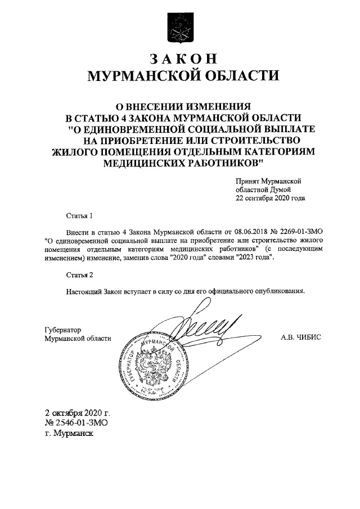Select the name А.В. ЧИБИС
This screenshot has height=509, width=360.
pos(303,338)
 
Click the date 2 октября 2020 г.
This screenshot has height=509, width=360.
pos(77,413)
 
